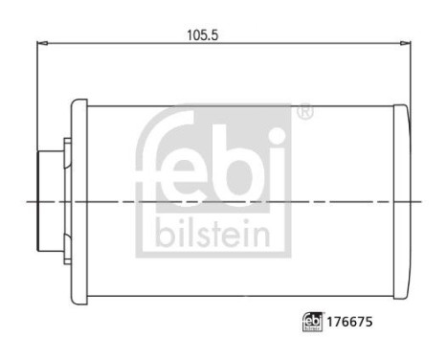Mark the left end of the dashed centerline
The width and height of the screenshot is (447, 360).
[x=29, y=201]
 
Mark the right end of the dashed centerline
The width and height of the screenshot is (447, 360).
[x=421, y=201]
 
